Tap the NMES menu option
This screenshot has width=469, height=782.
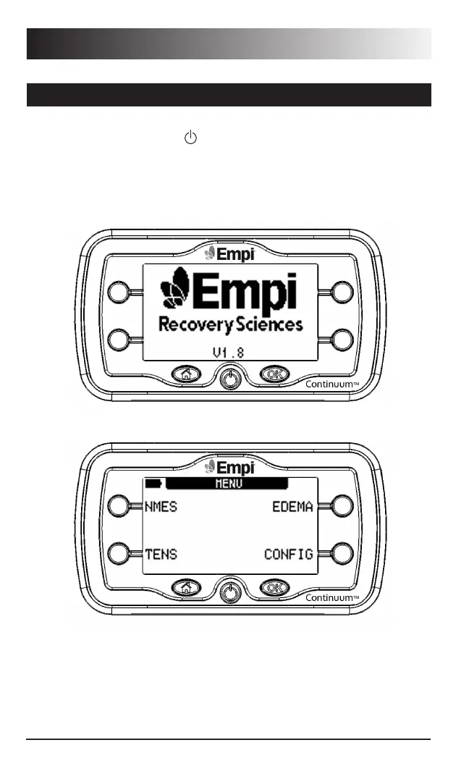pos(161,507)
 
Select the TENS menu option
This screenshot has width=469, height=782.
pos(160,555)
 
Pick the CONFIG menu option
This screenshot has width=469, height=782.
pos(288,555)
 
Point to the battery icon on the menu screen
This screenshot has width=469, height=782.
pos(153,483)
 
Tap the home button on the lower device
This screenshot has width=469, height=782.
pos(186,587)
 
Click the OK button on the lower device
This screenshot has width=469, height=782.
pos(274,587)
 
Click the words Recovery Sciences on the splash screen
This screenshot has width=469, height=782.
pos(230,324)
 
